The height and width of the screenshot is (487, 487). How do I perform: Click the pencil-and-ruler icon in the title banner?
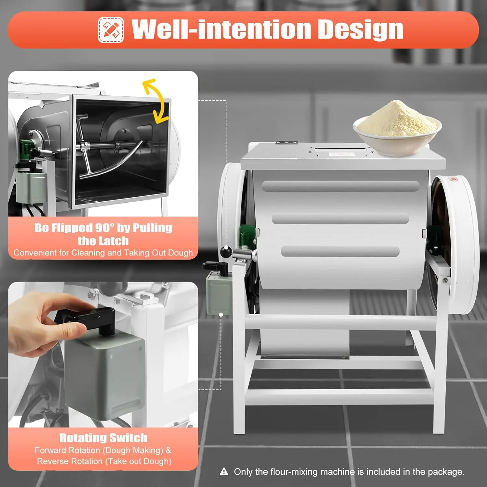[111, 30]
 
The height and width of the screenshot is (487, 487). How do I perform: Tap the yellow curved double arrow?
[156, 101]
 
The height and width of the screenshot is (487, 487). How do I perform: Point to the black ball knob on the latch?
[226, 251]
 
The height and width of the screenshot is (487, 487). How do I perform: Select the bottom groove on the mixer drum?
[340, 251]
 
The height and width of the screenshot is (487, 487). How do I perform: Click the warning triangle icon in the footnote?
[224, 471]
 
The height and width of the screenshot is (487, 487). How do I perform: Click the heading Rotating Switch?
[103, 438]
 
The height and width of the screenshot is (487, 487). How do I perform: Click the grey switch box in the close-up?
[104, 377]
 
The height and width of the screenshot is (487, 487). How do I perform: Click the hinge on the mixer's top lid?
[286, 142]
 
